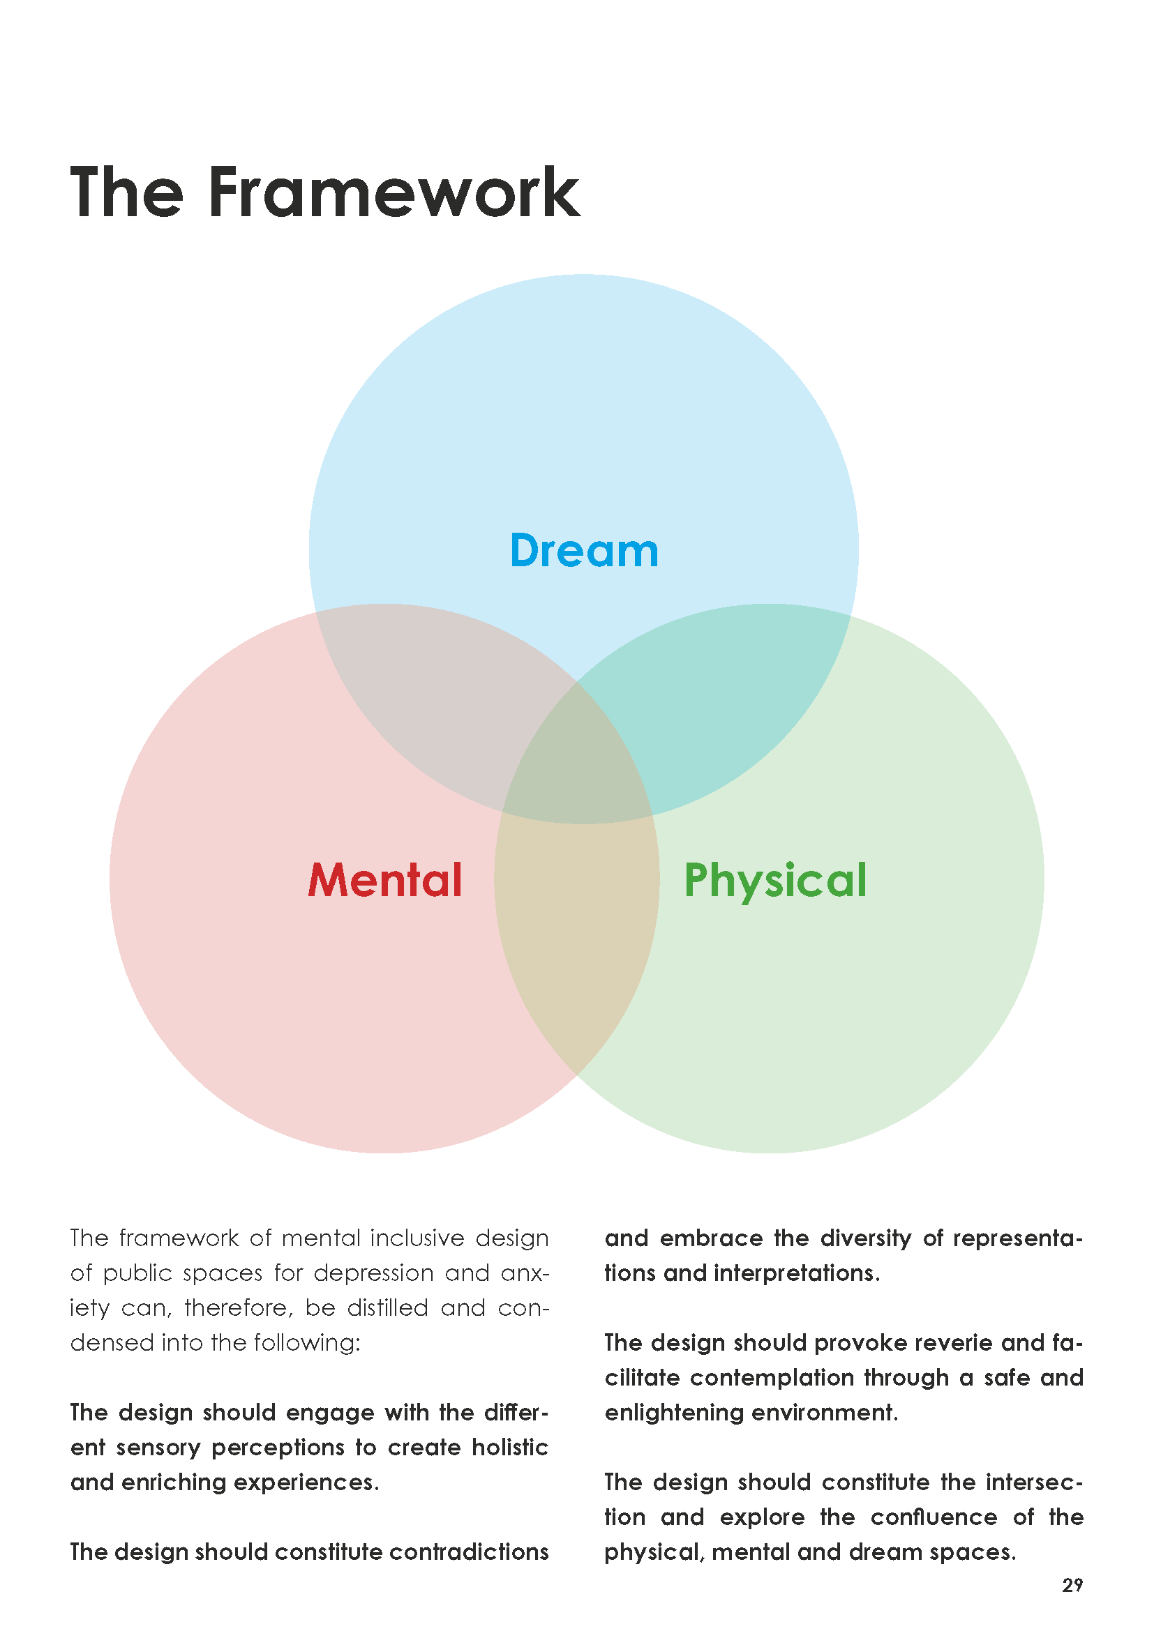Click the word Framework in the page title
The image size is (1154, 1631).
pos(394,192)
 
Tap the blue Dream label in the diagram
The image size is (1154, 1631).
pos(584,551)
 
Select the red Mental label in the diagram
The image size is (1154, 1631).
pos(384,880)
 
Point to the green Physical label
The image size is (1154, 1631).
pos(774,881)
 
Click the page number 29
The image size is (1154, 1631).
pos(1072,1585)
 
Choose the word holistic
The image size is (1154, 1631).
pos(509,1447)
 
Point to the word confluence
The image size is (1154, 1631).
pos(934,1517)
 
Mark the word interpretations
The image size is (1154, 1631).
pos(796,1273)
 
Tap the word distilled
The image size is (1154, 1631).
pos(387,1307)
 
